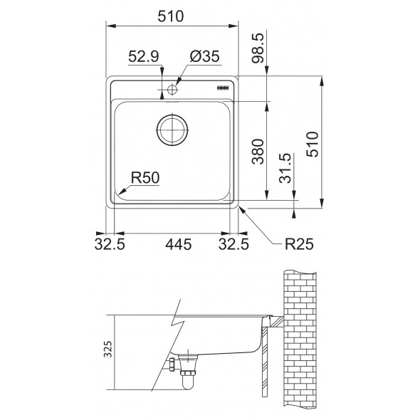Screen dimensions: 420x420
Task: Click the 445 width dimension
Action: [x=178, y=245]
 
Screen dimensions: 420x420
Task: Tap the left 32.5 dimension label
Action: [x=110, y=245]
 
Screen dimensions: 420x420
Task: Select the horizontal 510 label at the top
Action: [x=172, y=15]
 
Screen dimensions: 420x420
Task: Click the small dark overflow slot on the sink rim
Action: [x=220, y=87]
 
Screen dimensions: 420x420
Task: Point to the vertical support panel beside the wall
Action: [x=264, y=359]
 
